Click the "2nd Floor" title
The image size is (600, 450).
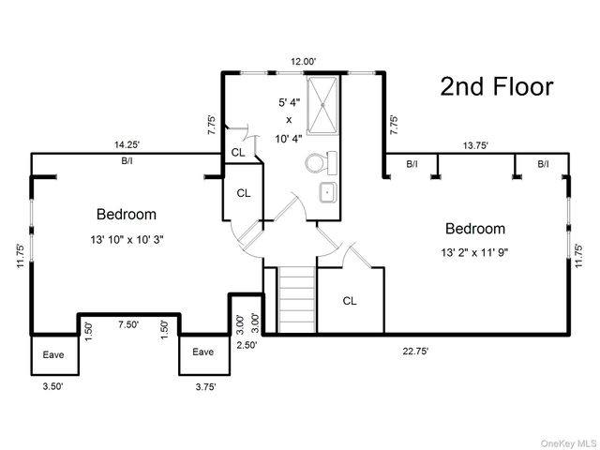click(x=497, y=86)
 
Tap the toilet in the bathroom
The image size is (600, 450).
click(x=321, y=163)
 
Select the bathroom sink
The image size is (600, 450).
click(x=328, y=192)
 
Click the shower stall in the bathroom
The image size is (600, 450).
click(x=322, y=105)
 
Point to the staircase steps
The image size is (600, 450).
click(x=297, y=300)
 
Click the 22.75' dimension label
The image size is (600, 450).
click(x=415, y=351)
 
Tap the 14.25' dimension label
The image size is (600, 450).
click(x=127, y=144)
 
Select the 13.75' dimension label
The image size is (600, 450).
click(x=475, y=145)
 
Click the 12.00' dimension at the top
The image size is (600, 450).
click(x=304, y=61)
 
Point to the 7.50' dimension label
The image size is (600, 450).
click(x=128, y=324)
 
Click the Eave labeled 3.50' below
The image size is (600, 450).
click(x=53, y=354)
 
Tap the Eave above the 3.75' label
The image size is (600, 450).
click(x=202, y=352)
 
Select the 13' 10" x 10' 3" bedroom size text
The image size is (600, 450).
click(x=127, y=240)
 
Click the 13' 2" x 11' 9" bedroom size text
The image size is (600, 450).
click(x=475, y=252)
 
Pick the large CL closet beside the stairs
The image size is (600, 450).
click(x=350, y=301)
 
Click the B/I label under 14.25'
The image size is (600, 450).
click(x=127, y=160)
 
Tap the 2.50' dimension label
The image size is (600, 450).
click(x=247, y=345)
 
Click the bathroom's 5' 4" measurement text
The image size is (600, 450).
click(x=290, y=102)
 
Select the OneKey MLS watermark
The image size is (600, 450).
click(x=569, y=443)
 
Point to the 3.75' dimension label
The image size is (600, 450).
click(x=205, y=387)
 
